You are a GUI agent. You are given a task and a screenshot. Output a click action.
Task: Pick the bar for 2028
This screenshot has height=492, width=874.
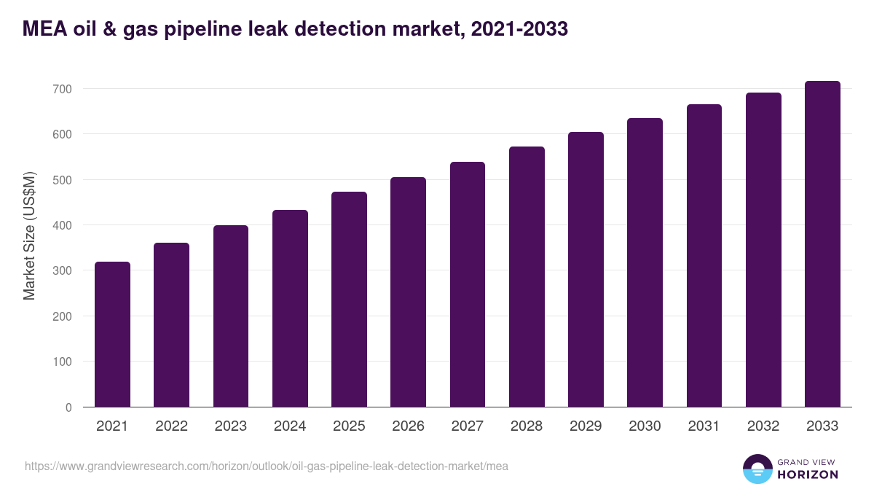527,276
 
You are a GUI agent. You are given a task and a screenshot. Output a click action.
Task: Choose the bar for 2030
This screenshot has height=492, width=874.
645,262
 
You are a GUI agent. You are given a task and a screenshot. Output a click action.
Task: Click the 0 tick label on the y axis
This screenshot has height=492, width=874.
68,407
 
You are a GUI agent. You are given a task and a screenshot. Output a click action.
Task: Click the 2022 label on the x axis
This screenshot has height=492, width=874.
171,426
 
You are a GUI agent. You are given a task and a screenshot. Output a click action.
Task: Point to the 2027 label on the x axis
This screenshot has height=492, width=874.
467,426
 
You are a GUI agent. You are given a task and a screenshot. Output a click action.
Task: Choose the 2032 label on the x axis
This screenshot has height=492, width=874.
763,426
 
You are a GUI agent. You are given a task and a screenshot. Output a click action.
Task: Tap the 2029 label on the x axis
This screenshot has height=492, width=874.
586,426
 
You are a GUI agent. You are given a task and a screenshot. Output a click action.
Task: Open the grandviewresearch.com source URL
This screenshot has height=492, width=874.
267,466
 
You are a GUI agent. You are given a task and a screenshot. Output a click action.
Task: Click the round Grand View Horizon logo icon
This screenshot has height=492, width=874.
757,469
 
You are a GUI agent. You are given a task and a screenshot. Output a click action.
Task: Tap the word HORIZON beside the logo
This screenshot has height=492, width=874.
807,475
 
